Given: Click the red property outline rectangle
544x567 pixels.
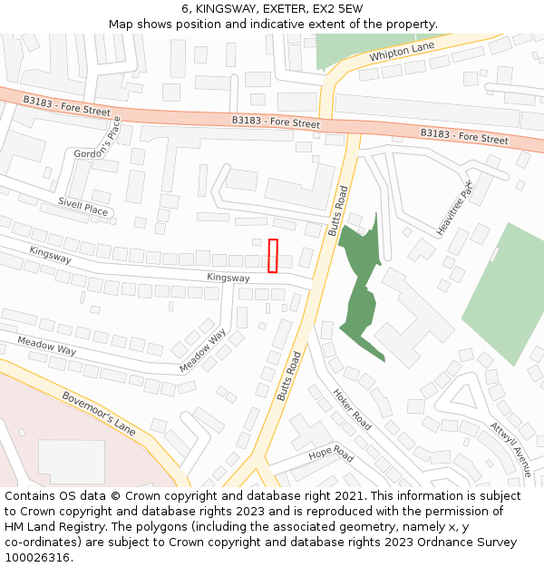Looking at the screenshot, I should pyautogui.click(x=273, y=255).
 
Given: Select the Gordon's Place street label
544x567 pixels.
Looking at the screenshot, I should pyautogui.click(x=97, y=144).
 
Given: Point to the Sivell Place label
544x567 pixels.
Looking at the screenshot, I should pyautogui.click(x=83, y=208).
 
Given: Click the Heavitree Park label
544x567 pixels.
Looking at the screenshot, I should pyautogui.click(x=455, y=208).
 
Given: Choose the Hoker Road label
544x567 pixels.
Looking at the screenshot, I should pyautogui.click(x=352, y=410).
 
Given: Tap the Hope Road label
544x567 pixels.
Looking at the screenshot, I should pyautogui.click(x=330, y=454).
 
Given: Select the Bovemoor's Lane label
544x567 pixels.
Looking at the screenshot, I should pyautogui.click(x=99, y=414).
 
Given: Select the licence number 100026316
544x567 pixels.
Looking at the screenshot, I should pyautogui.click(x=37, y=557).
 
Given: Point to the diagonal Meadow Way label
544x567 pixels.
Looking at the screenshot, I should pyautogui.click(x=202, y=350).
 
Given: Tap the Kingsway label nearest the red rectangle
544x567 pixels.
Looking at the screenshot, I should pyautogui.click(x=228, y=278).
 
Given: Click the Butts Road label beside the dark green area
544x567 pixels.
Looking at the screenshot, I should pyautogui.click(x=337, y=211).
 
